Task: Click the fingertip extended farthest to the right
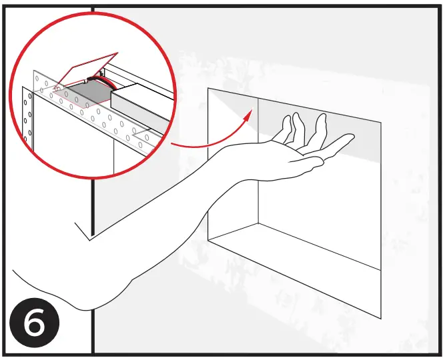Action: (x=351, y=139)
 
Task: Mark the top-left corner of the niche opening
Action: (x=208, y=88)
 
